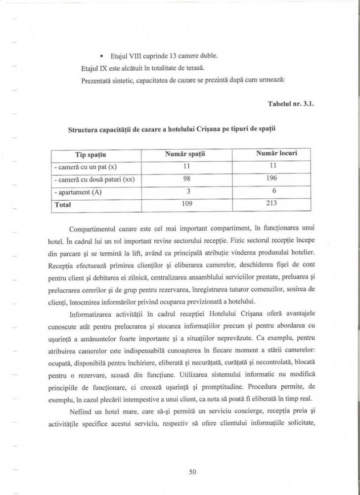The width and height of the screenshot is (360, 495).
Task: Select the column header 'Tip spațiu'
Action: coord(90,154)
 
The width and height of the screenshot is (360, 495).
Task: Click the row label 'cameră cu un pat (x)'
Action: coord(84,167)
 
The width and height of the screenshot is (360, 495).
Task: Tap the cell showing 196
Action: coord(271,179)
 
